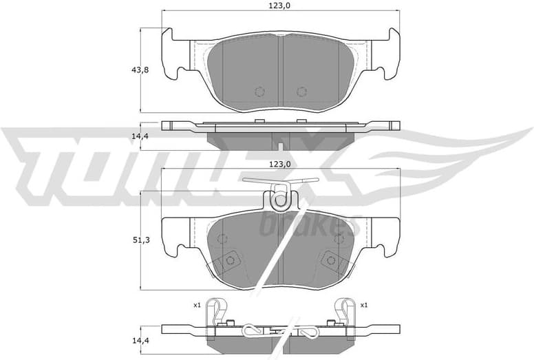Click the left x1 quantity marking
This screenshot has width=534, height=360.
(197, 304)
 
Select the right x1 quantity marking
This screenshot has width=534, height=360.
(364, 304)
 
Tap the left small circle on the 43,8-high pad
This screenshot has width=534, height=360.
(259, 92)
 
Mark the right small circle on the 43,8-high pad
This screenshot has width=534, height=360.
(301, 92)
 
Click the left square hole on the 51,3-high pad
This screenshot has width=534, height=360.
(231, 260)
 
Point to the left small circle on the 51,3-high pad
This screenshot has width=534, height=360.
(222, 239)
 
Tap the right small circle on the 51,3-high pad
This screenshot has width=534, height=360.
(339, 239)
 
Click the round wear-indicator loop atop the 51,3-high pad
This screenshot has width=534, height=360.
(280, 201)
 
